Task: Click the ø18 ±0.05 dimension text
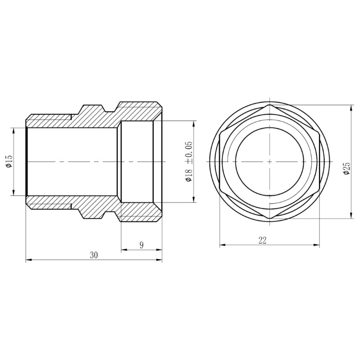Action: [x=189, y=162]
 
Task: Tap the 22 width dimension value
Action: [x=263, y=240]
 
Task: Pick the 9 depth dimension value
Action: [x=141, y=245]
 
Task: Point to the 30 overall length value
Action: [x=94, y=255]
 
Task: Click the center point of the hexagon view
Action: [x=269, y=161]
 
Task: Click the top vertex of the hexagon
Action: [x=269, y=105]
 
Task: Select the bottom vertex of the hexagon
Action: [x=269, y=219]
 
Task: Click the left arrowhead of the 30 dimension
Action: [x=28, y=260]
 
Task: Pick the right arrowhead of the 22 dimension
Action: [x=317, y=245]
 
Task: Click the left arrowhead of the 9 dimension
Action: [x=123, y=249]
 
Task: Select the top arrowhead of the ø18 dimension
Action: [x=194, y=123]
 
